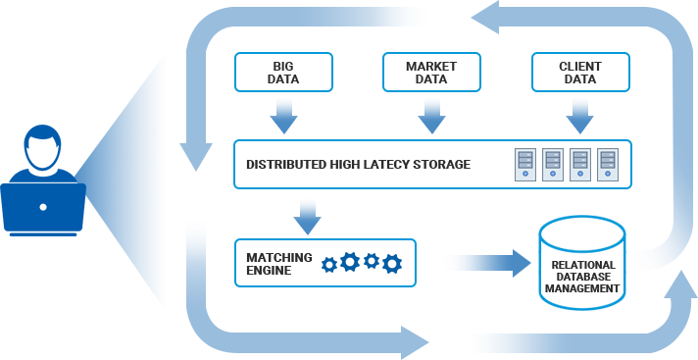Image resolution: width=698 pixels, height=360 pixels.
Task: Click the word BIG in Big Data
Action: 283,67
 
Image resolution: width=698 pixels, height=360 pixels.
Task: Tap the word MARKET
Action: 431,67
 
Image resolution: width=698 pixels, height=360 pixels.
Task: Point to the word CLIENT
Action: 580,67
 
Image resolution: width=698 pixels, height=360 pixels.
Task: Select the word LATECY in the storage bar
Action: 387,165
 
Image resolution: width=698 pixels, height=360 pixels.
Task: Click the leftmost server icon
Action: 525,164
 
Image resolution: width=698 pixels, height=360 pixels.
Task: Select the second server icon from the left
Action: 553,164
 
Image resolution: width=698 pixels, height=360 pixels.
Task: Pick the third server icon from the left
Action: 580,164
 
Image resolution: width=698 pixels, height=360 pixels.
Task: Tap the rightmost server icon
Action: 608,164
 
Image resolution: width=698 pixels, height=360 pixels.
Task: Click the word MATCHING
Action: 279,257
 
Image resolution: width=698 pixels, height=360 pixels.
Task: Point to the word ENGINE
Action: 269,270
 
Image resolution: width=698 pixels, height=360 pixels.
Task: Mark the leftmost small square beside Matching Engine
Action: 329,264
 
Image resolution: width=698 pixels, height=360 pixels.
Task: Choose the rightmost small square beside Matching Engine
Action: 392,264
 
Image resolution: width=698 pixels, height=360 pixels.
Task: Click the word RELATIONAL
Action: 583,265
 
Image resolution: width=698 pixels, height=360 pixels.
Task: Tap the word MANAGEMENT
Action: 583,289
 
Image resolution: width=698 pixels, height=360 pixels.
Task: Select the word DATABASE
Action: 583,277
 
